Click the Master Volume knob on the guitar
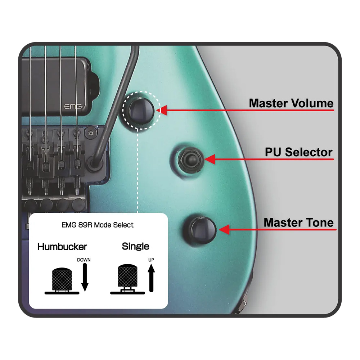141,111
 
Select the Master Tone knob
200,230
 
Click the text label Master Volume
291,103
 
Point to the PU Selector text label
299,152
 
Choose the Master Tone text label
298,222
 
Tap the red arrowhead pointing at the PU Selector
210,159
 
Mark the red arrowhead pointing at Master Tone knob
225,229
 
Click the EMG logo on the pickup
73,107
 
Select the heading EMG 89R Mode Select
98,225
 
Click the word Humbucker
62,247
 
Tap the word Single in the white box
135,246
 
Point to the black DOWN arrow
85,277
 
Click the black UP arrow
151,278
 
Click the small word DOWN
84,260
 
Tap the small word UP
151,260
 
